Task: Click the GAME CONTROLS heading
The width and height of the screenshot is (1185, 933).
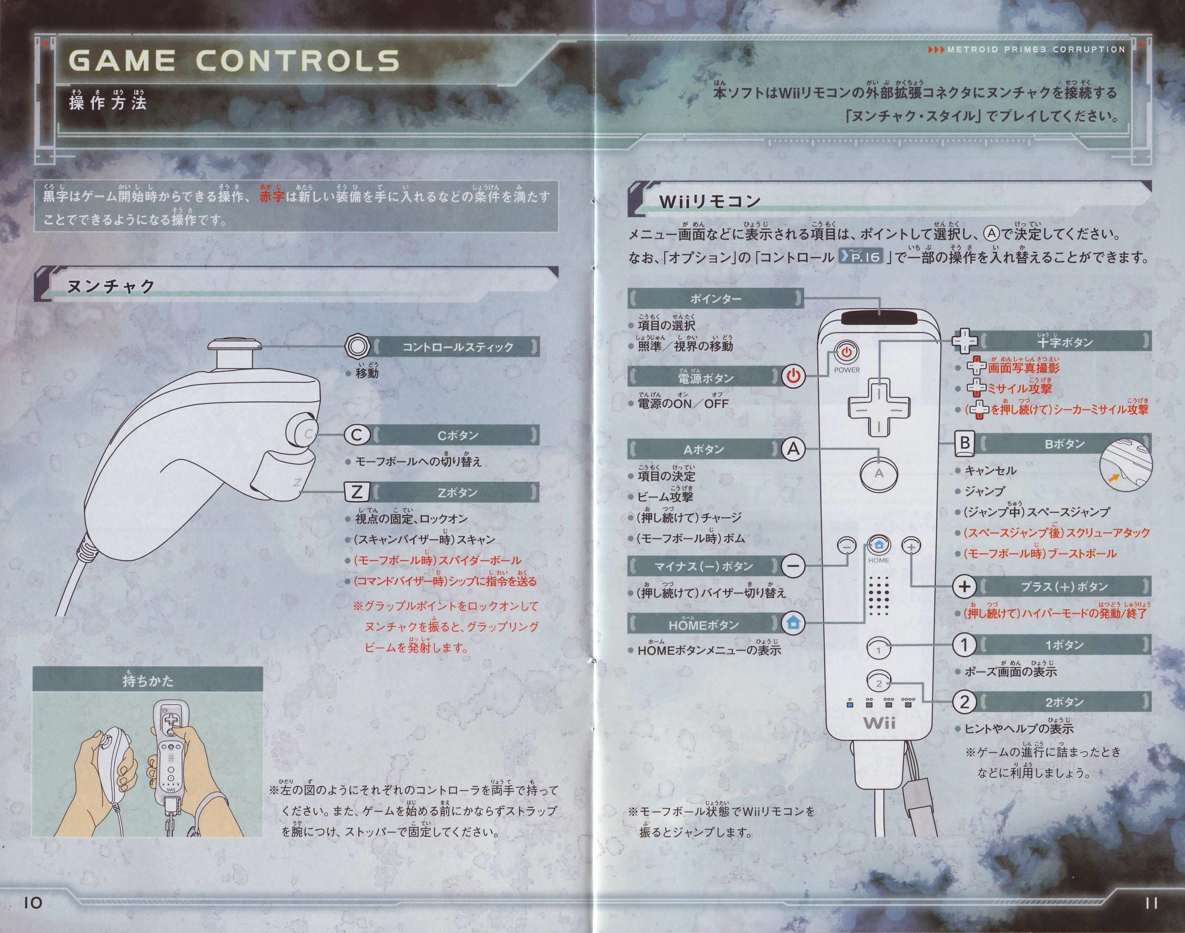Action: pyautogui.click(x=234, y=60)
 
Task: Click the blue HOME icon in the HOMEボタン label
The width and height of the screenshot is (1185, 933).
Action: pyautogui.click(x=792, y=622)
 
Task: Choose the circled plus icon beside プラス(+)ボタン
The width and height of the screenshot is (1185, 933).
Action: pyautogui.click(x=964, y=586)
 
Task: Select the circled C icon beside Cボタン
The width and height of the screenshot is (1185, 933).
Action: pyautogui.click(x=357, y=435)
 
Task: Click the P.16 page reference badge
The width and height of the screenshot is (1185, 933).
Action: pyautogui.click(x=860, y=256)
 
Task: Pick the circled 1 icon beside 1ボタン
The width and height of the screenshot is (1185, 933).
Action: pyautogui.click(x=964, y=645)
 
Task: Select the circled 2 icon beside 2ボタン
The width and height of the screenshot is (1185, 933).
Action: pyautogui.click(x=964, y=702)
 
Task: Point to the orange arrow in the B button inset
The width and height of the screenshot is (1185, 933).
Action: pyautogui.click(x=1110, y=479)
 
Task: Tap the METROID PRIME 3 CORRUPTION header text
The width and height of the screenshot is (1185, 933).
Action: pyautogui.click(x=1027, y=49)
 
